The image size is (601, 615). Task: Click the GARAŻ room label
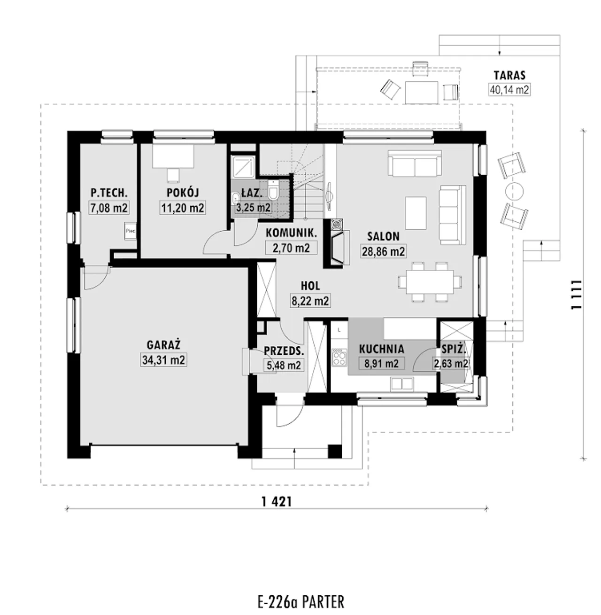point(163,344)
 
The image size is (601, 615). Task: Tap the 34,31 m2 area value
point(163,360)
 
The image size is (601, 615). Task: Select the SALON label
point(383,236)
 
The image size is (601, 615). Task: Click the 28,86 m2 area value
point(383,251)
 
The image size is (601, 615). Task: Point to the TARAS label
point(509,75)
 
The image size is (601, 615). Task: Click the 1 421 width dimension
point(277,502)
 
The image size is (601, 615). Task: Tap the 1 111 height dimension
point(577,295)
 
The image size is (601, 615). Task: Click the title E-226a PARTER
point(300,602)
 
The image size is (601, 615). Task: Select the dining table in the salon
point(430,281)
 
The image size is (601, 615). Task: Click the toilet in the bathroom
point(272,190)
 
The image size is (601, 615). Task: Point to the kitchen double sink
point(402,384)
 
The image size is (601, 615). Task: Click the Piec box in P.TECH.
point(130,231)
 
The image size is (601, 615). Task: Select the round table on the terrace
point(515,191)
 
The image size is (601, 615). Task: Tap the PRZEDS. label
point(284,351)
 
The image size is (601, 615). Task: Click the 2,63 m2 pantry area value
point(451,364)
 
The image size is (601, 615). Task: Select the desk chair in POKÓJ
point(173,175)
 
